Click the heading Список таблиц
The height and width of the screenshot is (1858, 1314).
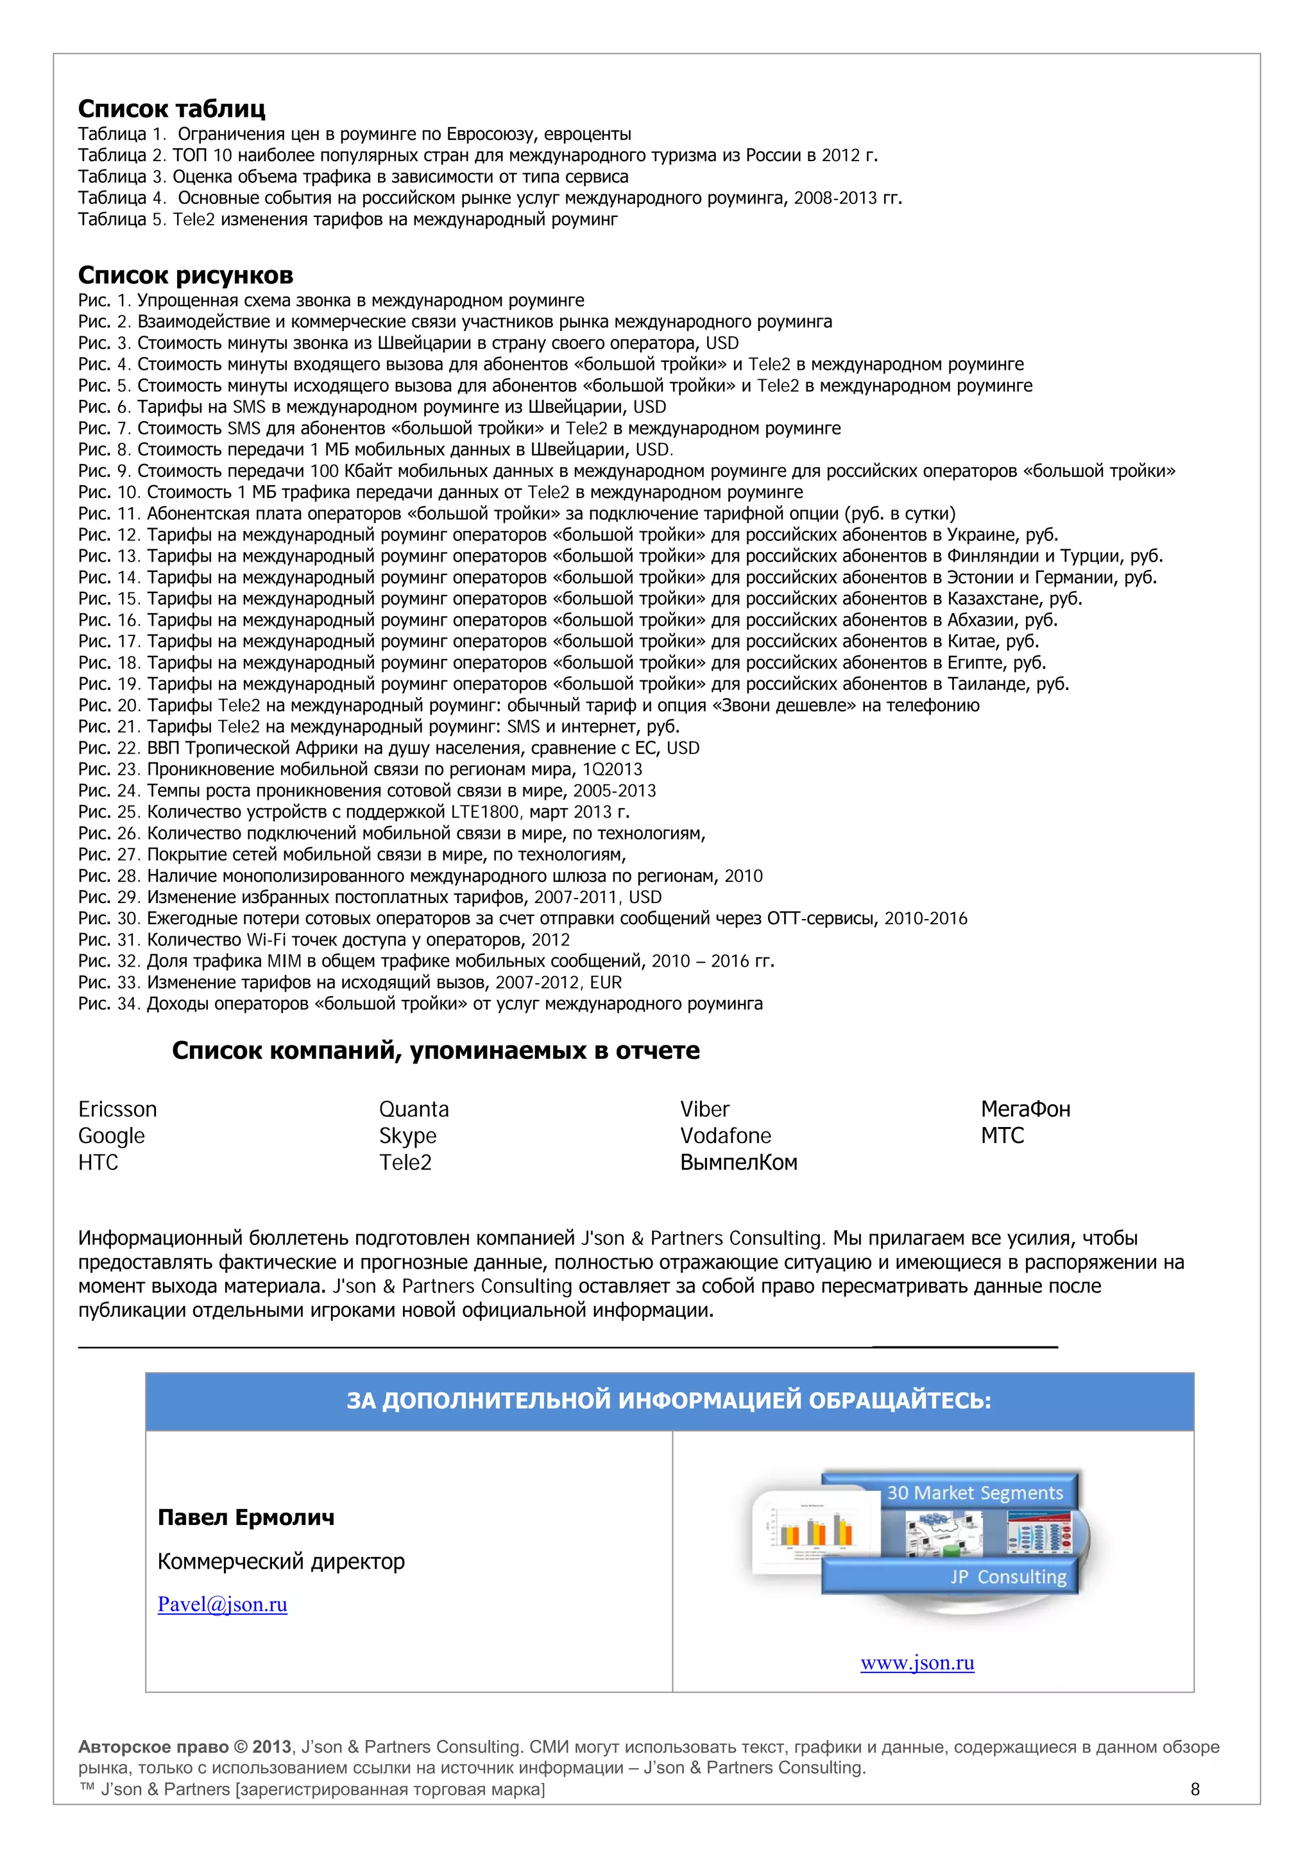tap(171, 108)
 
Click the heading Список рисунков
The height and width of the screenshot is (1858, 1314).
tap(185, 275)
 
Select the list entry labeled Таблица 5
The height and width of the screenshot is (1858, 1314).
tap(347, 219)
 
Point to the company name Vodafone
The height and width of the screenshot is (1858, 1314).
tap(725, 1135)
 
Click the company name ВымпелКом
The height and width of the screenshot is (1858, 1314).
tap(738, 1162)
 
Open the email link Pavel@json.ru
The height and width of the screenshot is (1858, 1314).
tap(223, 1604)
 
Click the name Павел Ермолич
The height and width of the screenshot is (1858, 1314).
tap(246, 1517)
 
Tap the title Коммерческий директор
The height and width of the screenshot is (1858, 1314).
tap(281, 1561)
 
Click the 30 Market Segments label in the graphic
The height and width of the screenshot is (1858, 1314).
tap(974, 1493)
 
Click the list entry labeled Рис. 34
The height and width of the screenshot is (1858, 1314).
tap(420, 1004)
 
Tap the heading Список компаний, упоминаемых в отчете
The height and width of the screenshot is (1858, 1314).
tap(435, 1051)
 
